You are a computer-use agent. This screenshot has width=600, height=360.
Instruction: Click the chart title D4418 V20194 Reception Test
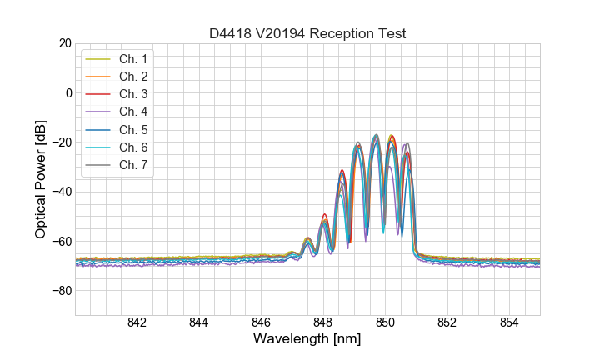[x=307, y=34]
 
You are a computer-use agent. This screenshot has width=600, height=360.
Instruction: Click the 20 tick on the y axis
[x=63, y=43]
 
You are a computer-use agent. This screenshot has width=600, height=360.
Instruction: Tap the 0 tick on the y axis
[x=67, y=92]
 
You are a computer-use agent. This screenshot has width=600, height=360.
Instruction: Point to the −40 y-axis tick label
[x=60, y=192]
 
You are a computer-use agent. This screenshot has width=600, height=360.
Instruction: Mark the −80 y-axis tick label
[x=60, y=291]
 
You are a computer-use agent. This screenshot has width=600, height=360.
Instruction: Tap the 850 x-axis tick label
[x=385, y=323]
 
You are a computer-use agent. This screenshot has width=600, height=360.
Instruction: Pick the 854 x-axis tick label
[x=509, y=323]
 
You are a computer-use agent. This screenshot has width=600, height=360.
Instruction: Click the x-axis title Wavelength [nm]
[x=307, y=340]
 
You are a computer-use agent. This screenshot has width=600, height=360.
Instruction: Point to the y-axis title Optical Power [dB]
[x=41, y=179]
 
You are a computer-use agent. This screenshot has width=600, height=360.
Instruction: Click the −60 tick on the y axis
[x=60, y=242]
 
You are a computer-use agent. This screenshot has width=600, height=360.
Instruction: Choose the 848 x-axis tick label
[x=323, y=323]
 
